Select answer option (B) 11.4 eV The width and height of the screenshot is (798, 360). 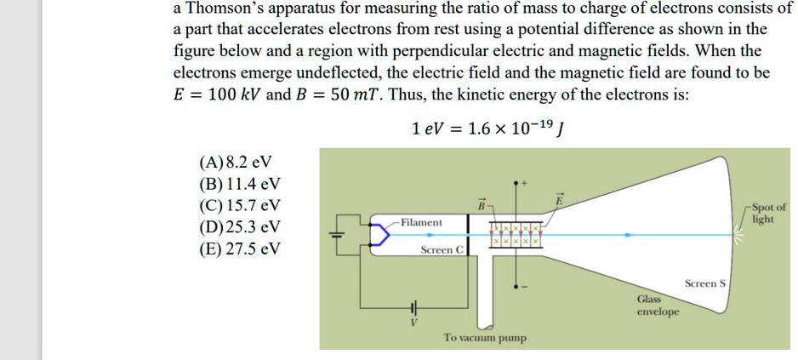click(x=239, y=184)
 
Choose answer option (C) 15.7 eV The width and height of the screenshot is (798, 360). click(x=239, y=205)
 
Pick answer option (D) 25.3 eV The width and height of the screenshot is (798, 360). click(x=239, y=227)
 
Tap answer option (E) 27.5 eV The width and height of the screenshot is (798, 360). click(x=239, y=249)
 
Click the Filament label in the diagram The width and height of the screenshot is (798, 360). click(x=421, y=222)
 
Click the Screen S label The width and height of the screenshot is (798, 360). click(x=704, y=283)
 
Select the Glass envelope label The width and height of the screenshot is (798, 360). click(x=658, y=306)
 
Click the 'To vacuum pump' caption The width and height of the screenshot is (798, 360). click(x=484, y=338)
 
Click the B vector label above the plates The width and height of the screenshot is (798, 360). click(x=481, y=204)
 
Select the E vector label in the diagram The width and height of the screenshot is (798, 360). click(x=560, y=199)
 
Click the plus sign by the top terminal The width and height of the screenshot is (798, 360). click(x=525, y=183)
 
